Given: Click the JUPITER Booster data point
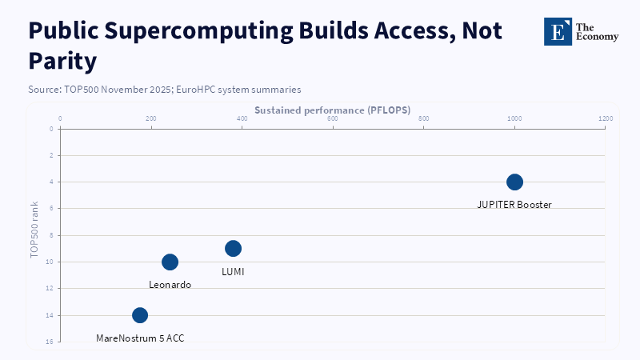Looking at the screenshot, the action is (514, 182).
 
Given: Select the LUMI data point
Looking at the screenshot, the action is (233, 248).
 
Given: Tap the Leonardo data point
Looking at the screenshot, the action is (170, 262).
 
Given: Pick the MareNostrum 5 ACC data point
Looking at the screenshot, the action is (140, 315).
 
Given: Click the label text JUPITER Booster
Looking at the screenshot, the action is (514, 205).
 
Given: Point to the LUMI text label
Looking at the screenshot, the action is (233, 271).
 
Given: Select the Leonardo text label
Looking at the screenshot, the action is (170, 285).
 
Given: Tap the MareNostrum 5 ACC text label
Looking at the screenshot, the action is (140, 338).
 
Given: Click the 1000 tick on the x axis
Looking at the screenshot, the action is (514, 118).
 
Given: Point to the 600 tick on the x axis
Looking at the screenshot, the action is (333, 118).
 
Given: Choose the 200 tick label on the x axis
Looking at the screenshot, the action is (151, 118).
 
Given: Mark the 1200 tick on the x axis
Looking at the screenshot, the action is (606, 118).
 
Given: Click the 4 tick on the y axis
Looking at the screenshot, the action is (51, 182).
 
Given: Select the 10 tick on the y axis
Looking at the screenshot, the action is (50, 262).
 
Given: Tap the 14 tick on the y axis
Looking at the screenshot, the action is (50, 315).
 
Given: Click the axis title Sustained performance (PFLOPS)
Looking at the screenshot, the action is (333, 110).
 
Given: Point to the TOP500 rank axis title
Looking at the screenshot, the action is (34, 230).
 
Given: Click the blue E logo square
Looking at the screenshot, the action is (558, 31).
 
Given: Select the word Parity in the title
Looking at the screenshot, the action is (62, 62).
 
